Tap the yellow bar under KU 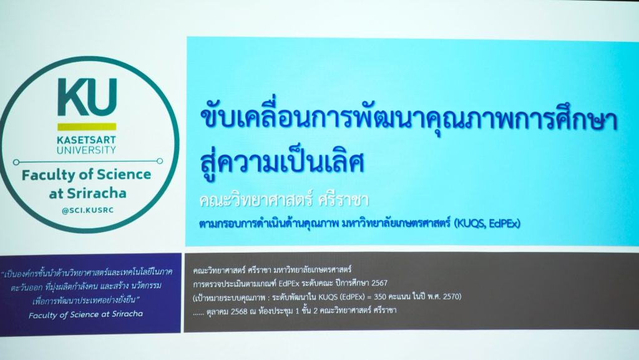[x=87, y=127]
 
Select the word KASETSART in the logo [x=86, y=140]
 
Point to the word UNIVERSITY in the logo [x=86, y=150]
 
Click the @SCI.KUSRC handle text [x=87, y=210]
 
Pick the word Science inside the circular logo [x=124, y=174]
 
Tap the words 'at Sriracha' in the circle [x=87, y=193]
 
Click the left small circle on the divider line [x=16, y=162]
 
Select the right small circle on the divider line [x=160, y=161]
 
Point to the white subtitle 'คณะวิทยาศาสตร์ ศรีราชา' [x=284, y=200]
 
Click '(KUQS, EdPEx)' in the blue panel [x=487, y=223]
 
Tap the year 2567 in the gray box [x=379, y=283]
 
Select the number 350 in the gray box [x=381, y=297]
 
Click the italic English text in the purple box [x=86, y=314]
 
